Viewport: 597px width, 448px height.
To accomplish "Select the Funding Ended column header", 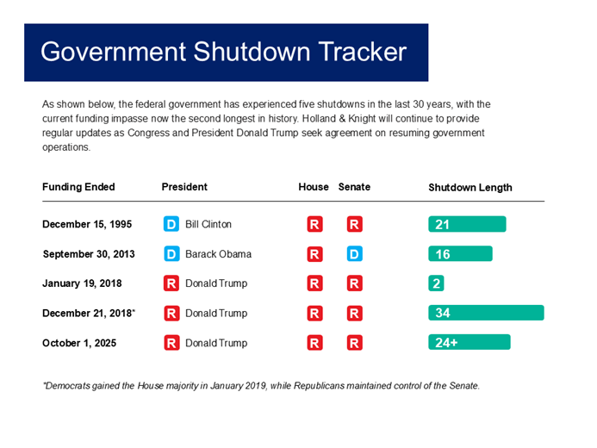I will pyautogui.click(x=78, y=187).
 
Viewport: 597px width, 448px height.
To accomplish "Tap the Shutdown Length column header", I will pyautogui.click(x=470, y=187).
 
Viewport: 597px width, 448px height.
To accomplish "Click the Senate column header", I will pyautogui.click(x=354, y=187).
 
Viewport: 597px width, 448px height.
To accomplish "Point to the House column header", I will pyautogui.click(x=314, y=187).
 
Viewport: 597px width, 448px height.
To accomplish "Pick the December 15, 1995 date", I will pyautogui.click(x=86, y=224).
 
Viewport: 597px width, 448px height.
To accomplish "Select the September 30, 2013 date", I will pyautogui.click(x=88, y=254).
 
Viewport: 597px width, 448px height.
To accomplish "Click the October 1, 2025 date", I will pyautogui.click(x=79, y=343).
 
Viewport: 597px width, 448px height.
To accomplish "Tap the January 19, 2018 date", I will pyautogui.click(x=83, y=283).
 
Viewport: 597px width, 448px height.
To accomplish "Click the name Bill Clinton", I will pyautogui.click(x=208, y=224).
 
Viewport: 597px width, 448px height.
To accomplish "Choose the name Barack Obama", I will pyautogui.click(x=218, y=254).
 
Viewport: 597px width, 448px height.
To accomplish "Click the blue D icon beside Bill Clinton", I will pyautogui.click(x=171, y=224).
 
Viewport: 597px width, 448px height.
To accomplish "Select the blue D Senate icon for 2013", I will pyautogui.click(x=354, y=254).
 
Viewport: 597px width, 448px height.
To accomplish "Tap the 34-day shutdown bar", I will pyautogui.click(x=486, y=313).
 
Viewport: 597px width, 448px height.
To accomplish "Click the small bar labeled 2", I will pyautogui.click(x=437, y=283).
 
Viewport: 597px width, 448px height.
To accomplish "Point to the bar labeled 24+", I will pyautogui.click(x=469, y=343).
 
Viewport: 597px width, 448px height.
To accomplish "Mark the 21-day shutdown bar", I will pyautogui.click(x=467, y=224).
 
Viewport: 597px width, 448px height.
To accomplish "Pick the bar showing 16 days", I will pyautogui.click(x=460, y=254).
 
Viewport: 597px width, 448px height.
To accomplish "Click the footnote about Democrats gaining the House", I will pyautogui.click(x=260, y=385).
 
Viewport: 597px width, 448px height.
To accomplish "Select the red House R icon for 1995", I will pyautogui.click(x=314, y=224).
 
